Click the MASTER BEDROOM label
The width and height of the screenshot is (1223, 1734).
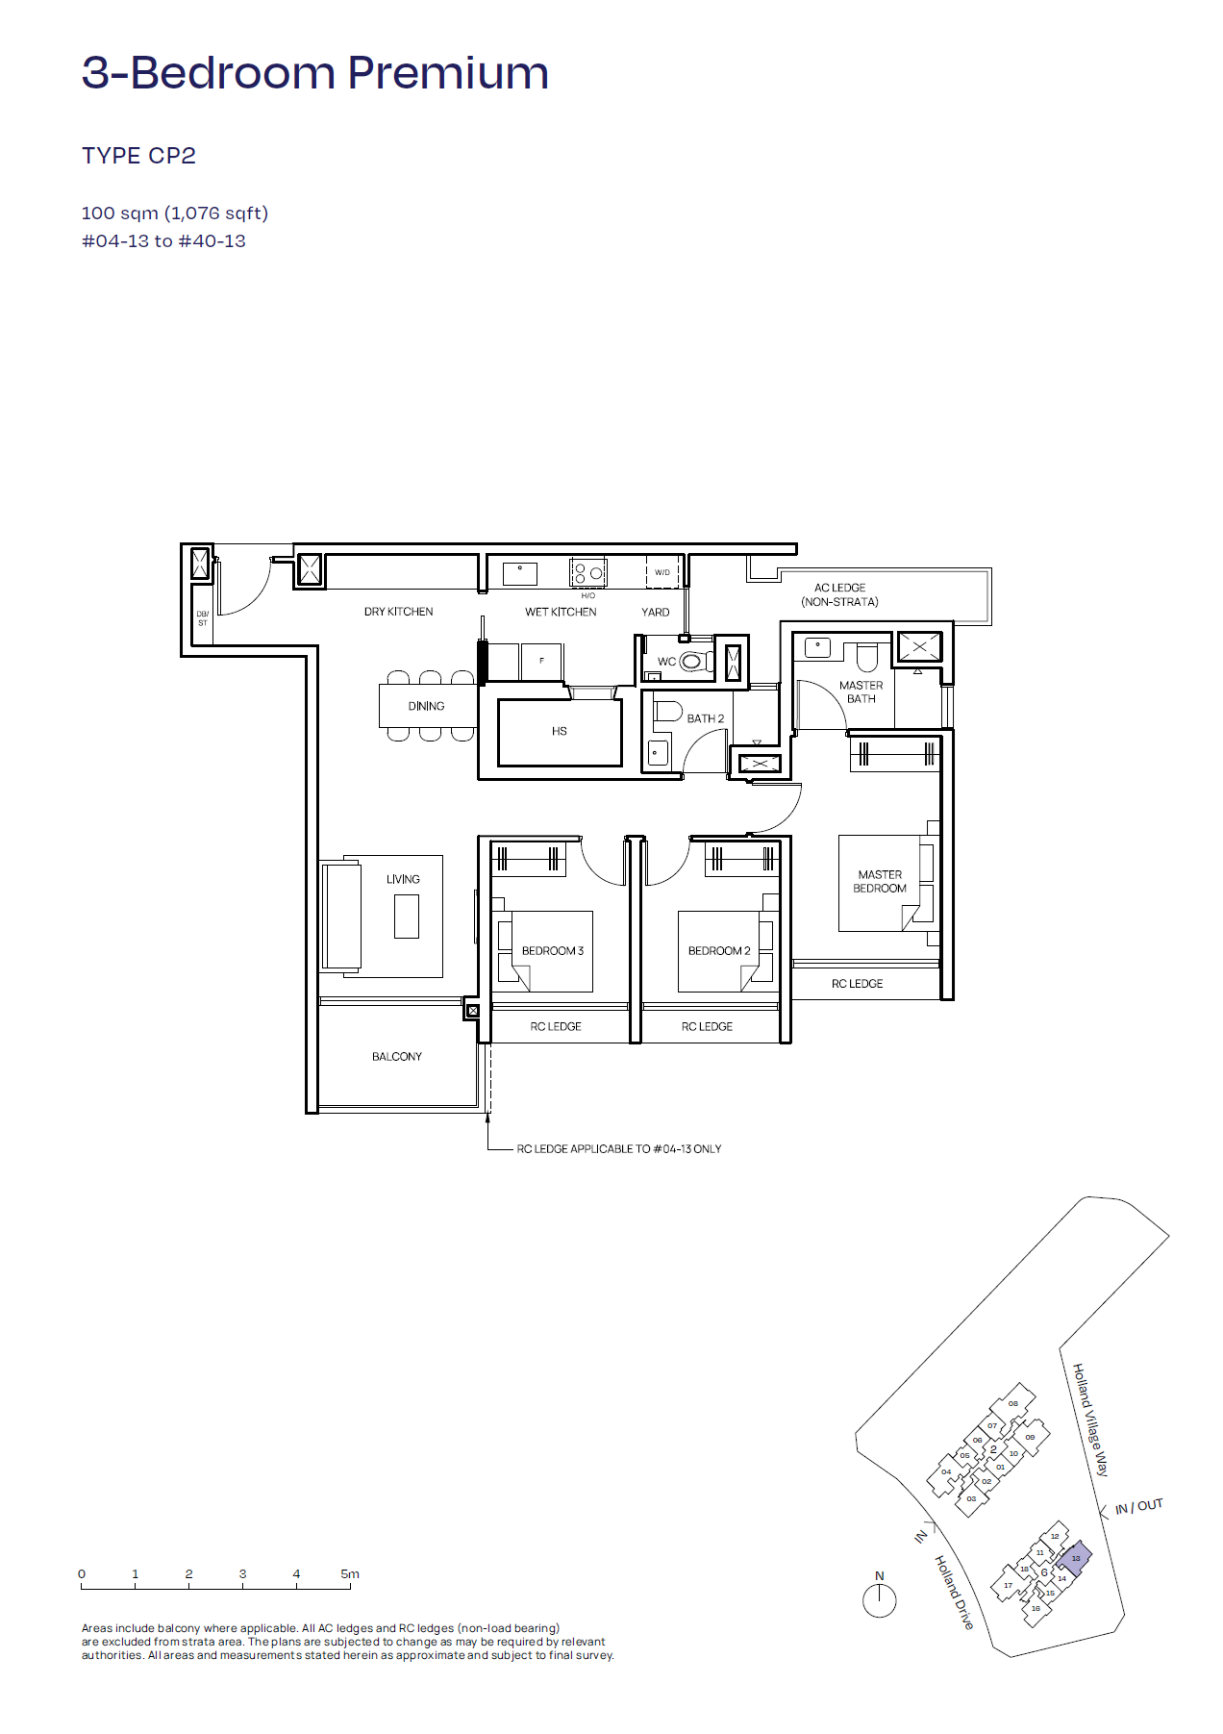click(880, 881)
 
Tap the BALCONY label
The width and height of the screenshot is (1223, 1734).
click(397, 1056)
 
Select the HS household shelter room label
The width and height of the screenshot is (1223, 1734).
click(560, 731)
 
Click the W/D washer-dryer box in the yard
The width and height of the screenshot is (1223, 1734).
click(662, 571)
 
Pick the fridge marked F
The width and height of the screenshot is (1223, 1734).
click(541, 661)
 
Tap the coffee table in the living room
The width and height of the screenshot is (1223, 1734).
click(407, 916)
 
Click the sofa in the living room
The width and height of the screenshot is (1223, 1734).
click(341, 916)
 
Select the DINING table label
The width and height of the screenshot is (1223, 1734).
click(426, 706)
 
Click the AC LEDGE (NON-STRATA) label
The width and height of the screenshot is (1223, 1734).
click(839, 594)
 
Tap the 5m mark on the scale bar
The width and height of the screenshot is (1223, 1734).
click(350, 1574)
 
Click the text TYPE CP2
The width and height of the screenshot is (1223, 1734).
click(138, 156)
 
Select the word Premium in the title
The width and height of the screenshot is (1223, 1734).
click(448, 73)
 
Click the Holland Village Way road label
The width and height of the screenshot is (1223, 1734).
click(1091, 1420)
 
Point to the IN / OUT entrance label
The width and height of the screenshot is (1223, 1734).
click(1139, 1506)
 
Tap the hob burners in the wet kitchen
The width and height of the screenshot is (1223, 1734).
click(588, 572)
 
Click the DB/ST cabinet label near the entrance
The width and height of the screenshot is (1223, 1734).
click(203, 618)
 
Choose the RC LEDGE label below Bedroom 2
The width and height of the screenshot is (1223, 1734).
click(707, 1026)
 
